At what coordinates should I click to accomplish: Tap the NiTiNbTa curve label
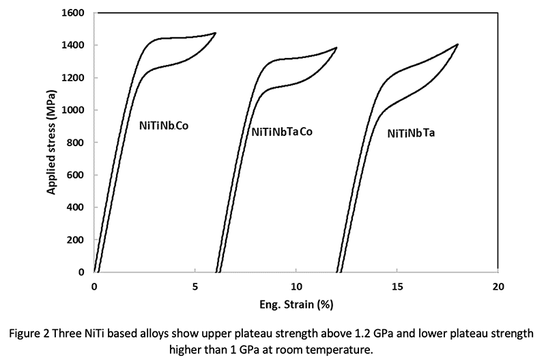click(411, 134)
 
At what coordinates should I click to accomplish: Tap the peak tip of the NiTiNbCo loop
click(216, 33)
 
